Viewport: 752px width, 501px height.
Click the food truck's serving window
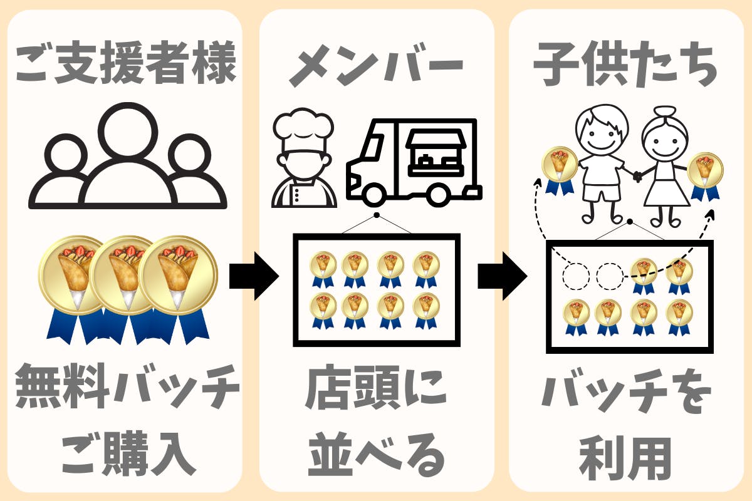tap(437, 154)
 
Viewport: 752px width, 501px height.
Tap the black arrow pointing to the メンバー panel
tap(253, 276)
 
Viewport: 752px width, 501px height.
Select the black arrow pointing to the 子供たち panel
tap(502, 276)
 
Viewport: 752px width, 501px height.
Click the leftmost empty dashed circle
tap(575, 275)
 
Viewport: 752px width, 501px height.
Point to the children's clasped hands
tap(637, 176)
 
